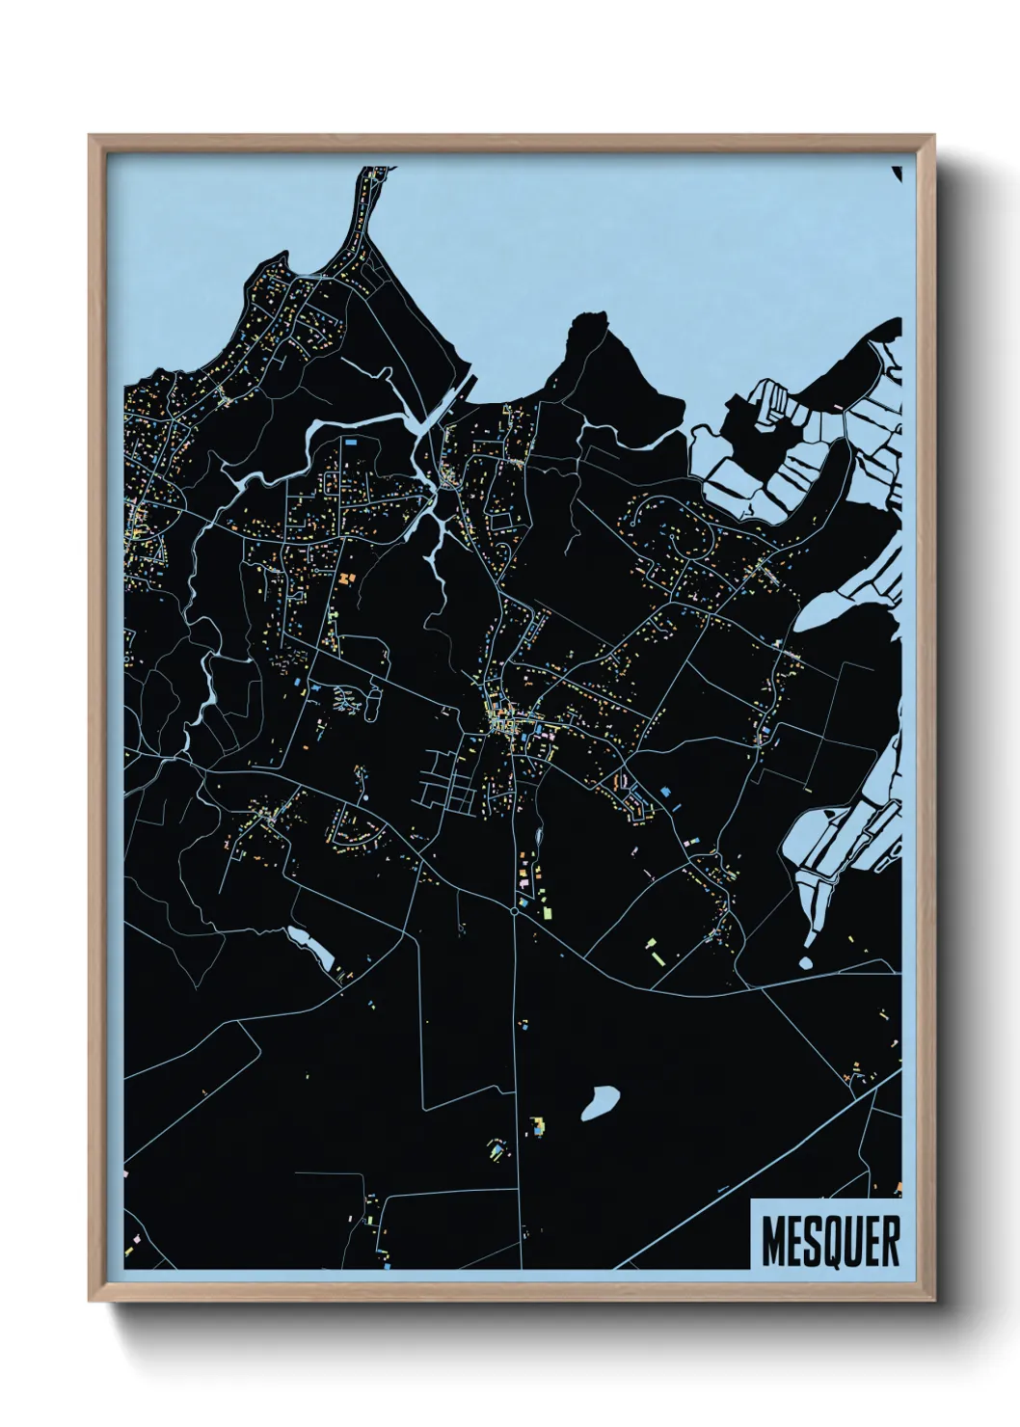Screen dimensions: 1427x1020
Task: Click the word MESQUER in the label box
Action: tap(830, 1241)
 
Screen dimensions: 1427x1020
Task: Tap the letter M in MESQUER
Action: tap(772, 1241)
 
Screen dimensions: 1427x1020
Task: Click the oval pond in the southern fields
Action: tap(600, 1104)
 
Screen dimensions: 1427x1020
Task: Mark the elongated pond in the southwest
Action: tap(310, 947)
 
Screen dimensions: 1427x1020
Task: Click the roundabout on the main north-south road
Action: tap(515, 909)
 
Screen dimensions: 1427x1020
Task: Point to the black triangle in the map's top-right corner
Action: tap(898, 174)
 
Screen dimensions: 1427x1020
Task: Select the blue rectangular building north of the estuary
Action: tap(351, 442)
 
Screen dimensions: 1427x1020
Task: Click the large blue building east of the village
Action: tap(665, 791)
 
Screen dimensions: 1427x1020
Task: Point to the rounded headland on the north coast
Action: tap(591, 333)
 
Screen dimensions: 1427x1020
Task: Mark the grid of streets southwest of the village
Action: tap(448, 781)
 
